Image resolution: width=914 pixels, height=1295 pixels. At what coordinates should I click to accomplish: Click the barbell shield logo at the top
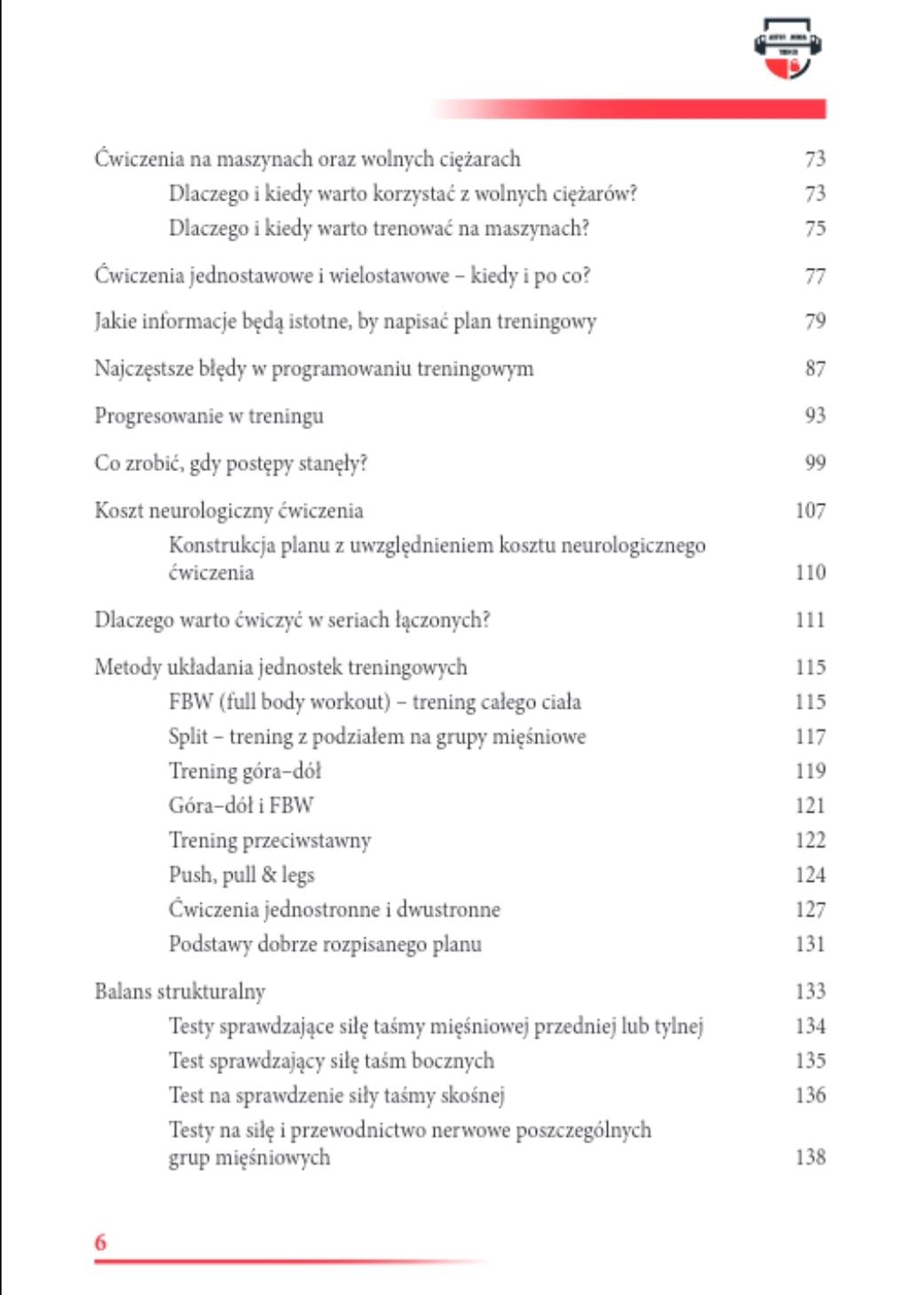tap(787, 49)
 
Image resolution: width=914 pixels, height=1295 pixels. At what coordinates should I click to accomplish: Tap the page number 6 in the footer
tap(100, 1242)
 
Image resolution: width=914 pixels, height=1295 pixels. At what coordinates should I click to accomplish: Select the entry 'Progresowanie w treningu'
tap(209, 416)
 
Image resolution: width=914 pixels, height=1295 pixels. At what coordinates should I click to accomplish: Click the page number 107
tap(809, 511)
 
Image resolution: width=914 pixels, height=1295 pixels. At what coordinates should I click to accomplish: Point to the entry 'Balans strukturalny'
tap(180, 992)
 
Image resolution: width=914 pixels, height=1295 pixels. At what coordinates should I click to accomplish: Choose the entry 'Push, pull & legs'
tap(241, 875)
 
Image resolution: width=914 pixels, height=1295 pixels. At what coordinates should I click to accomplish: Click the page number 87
tap(815, 369)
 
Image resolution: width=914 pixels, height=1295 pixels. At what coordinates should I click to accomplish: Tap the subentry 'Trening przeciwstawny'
tap(270, 841)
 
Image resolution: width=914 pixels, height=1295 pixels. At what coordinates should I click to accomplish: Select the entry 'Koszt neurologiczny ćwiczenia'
tap(229, 511)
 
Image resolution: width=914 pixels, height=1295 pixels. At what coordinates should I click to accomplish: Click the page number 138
tap(809, 1158)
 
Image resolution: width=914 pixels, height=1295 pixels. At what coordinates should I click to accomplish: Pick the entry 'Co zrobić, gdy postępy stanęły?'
tap(231, 463)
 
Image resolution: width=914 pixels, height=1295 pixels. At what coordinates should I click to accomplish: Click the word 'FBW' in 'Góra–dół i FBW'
tap(291, 806)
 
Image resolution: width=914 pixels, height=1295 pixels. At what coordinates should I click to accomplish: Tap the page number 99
tap(815, 463)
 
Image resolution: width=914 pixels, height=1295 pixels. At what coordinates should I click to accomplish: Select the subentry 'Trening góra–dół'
tap(245, 772)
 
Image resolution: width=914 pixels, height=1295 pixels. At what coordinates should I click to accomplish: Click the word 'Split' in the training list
tap(188, 737)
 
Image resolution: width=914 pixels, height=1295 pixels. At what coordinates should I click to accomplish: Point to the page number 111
tap(809, 620)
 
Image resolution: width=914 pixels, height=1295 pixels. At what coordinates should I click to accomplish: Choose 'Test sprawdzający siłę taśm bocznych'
tap(331, 1061)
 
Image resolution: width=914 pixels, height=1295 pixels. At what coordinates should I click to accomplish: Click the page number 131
tap(809, 945)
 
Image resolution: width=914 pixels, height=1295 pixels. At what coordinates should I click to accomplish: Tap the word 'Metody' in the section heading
tap(128, 668)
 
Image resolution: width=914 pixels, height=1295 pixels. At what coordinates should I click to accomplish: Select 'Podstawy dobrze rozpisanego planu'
tap(325, 945)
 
